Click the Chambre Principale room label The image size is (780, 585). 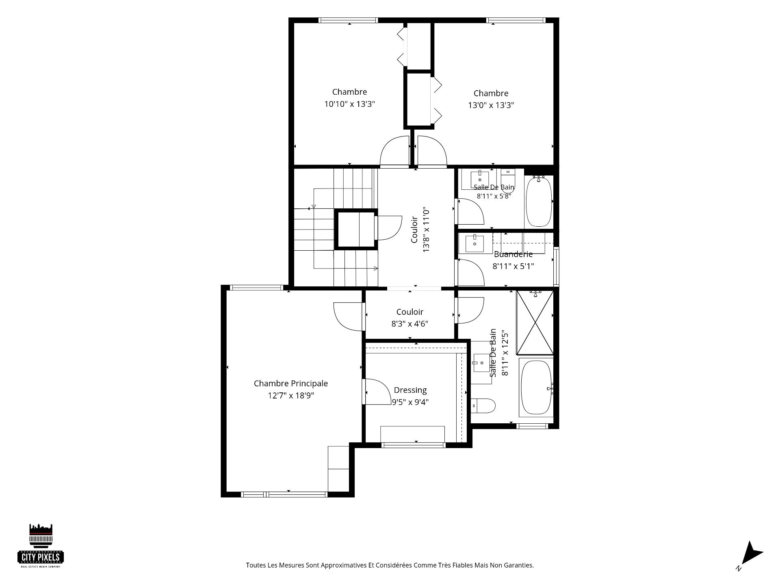point(290,383)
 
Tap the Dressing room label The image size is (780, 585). point(410,390)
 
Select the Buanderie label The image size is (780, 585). point(513,254)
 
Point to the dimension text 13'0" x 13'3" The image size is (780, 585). point(491,105)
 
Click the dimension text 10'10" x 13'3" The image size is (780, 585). point(349,104)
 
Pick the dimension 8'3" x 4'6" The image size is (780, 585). point(410,324)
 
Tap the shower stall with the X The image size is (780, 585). point(535,323)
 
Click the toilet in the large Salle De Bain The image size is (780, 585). point(483,405)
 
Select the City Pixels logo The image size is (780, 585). point(41,545)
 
